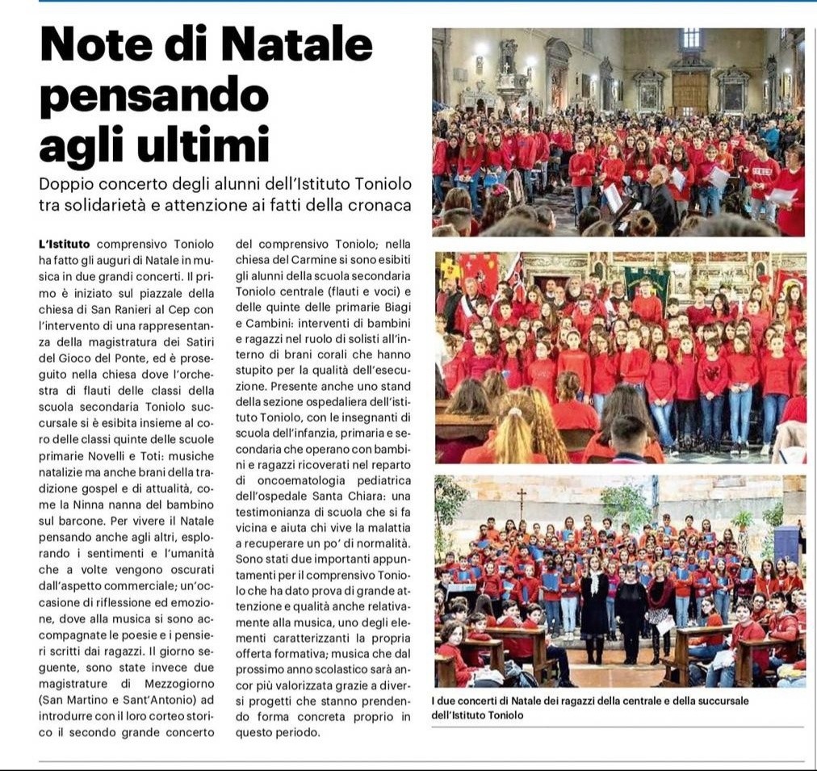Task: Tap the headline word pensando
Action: click(x=153, y=97)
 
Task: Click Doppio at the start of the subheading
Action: click(x=66, y=183)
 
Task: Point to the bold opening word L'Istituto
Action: click(x=65, y=244)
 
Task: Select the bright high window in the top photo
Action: click(x=690, y=39)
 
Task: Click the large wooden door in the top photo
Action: click(x=689, y=94)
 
